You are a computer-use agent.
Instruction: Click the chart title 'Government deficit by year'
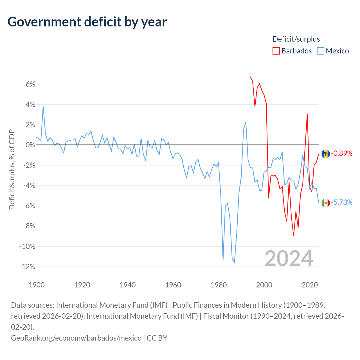(87, 22)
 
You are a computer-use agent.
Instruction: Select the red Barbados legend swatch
(276, 51)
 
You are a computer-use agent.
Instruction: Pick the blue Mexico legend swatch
(320, 51)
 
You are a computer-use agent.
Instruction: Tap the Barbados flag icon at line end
(325, 154)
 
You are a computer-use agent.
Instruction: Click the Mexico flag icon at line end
(325, 203)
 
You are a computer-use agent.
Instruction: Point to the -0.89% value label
(342, 153)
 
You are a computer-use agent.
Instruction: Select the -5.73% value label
(342, 202)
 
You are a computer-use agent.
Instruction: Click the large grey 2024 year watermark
(289, 258)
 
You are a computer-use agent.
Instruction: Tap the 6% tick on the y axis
(30, 84)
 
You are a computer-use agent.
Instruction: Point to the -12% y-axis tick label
(27, 267)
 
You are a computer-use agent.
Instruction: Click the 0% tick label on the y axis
(30, 145)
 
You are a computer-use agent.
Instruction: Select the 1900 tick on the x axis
(37, 285)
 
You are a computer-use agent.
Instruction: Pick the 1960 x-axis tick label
(173, 285)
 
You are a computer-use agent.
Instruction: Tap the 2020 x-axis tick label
(310, 285)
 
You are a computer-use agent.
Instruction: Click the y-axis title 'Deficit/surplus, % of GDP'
(12, 169)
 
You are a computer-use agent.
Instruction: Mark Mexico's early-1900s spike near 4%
(43, 107)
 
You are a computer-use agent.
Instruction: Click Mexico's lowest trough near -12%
(235, 263)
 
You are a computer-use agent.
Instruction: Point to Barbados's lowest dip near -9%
(294, 236)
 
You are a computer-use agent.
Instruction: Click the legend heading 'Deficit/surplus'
(296, 39)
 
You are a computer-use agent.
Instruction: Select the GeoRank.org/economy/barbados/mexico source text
(76, 338)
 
